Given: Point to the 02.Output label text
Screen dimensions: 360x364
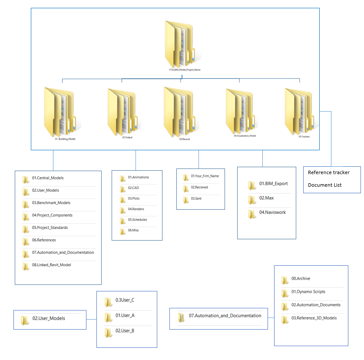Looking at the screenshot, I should (x=127, y=138).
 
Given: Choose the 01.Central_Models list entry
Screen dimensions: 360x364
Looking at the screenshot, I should (x=47, y=178).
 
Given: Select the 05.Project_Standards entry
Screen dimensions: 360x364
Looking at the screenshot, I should (x=50, y=228).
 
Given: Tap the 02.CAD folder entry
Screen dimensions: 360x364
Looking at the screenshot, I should (x=133, y=188).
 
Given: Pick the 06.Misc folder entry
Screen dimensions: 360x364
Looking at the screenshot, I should (x=133, y=230).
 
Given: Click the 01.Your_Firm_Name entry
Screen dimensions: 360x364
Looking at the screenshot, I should (x=204, y=176).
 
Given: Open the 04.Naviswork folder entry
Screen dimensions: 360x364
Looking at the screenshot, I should (x=272, y=212).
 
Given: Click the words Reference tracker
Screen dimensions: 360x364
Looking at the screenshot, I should (x=328, y=172).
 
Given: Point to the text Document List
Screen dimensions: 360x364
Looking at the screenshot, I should (x=324, y=185).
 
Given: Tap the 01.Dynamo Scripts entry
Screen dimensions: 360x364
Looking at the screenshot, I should (x=308, y=292).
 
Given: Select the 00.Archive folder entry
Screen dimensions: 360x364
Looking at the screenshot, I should (x=300, y=279).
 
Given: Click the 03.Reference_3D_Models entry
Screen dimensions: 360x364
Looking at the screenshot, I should (x=314, y=318).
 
